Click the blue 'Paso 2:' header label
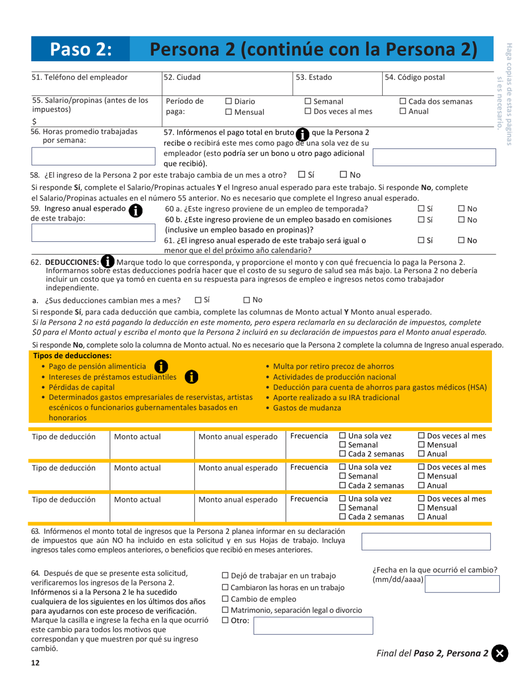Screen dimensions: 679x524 pyautogui.click(x=81, y=49)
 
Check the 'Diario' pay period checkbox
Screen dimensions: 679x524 pyautogui.click(x=229, y=102)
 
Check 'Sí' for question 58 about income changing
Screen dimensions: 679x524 pyautogui.click(x=301, y=176)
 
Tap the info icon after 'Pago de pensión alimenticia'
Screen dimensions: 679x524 pyautogui.click(x=160, y=367)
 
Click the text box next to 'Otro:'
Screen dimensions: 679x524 pyautogui.click(x=313, y=626)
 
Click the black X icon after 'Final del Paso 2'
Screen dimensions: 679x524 pyautogui.click(x=500, y=653)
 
